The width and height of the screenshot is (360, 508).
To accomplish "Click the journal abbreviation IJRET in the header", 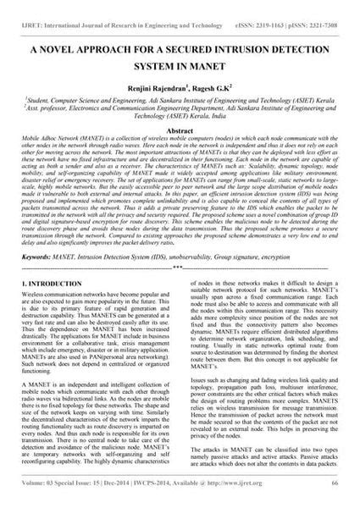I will click(x=23, y=7).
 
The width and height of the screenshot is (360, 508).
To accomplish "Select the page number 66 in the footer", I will click(x=336, y=501).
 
